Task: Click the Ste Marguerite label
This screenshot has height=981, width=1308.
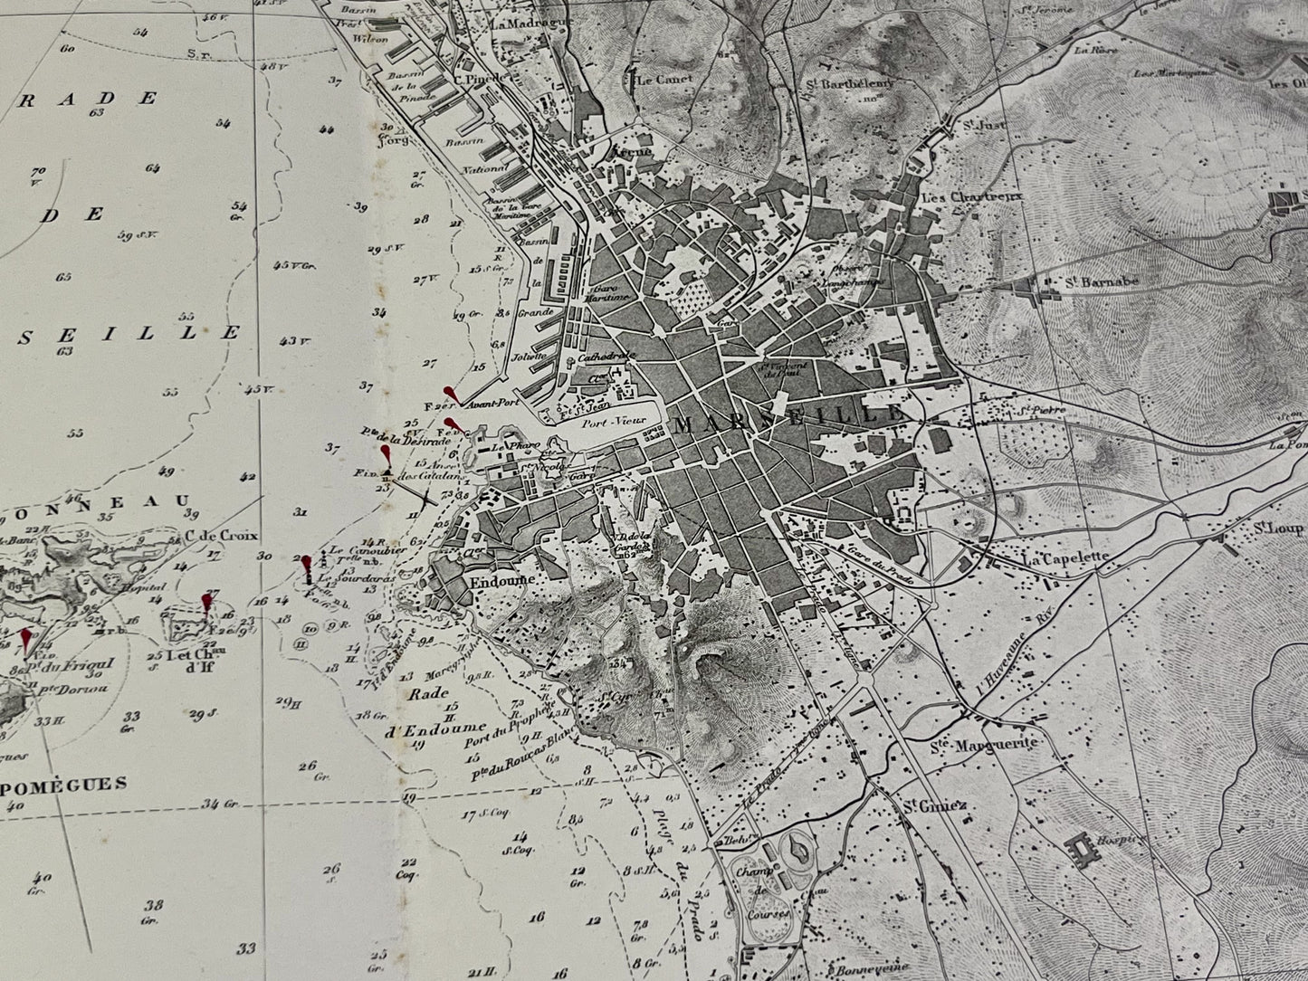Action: pyautogui.click(x=982, y=745)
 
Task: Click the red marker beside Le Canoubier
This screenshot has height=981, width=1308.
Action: pyautogui.click(x=307, y=565)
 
